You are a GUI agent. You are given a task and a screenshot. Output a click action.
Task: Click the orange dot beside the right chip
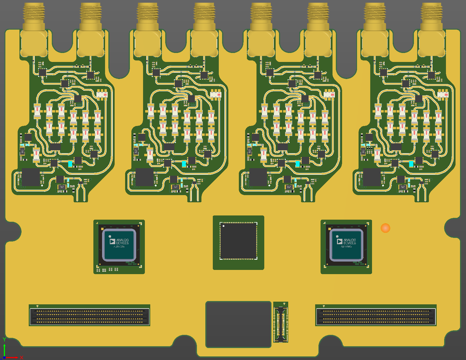[x=385, y=228]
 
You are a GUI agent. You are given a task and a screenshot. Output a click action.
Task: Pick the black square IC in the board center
[x=238, y=241]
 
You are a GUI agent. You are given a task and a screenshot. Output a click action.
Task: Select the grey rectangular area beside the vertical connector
[x=238, y=324]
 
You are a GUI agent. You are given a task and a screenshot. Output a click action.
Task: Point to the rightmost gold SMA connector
[x=432, y=27]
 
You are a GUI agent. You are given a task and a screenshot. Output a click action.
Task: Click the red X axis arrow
[x=19, y=357]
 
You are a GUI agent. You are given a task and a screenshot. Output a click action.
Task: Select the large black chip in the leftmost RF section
[x=31, y=177]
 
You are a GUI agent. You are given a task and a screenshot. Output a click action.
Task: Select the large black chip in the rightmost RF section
[x=372, y=177]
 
